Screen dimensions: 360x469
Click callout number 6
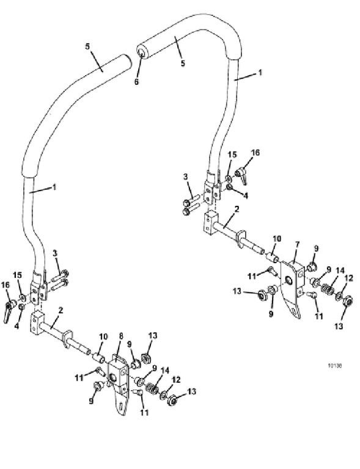click(x=136, y=81)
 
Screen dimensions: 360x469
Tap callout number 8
click(x=121, y=336)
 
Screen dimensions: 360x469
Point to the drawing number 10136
click(x=334, y=366)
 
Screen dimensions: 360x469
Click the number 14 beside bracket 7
click(x=340, y=271)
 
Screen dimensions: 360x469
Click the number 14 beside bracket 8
click(x=165, y=371)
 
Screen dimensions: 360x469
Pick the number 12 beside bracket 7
click(x=349, y=278)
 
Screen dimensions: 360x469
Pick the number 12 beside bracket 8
click(x=177, y=380)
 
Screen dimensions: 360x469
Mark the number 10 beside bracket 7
click(x=277, y=239)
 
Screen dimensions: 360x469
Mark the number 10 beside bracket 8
click(x=103, y=336)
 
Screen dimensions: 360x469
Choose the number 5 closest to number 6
click(x=183, y=63)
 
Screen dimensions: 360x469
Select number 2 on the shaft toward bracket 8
click(x=61, y=310)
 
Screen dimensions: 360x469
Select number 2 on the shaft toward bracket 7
click(x=237, y=209)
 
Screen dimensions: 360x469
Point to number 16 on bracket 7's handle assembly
click(x=255, y=153)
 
